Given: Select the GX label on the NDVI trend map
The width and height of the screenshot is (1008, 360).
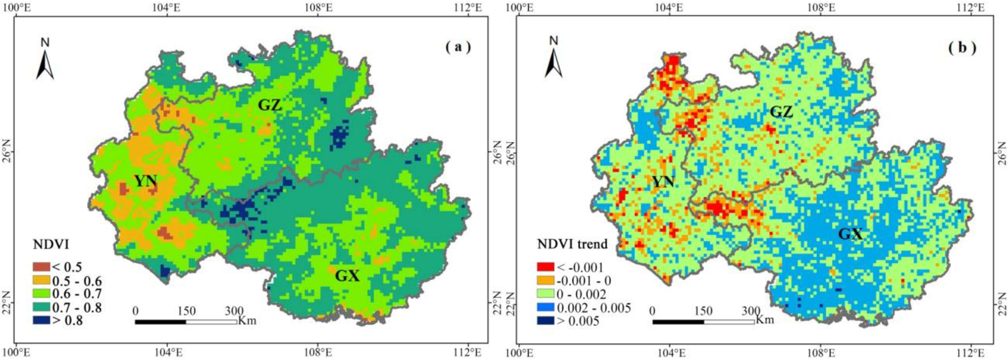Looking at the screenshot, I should pyautogui.click(x=850, y=234).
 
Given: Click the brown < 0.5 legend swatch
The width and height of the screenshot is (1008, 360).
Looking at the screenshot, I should pyautogui.click(x=41, y=267).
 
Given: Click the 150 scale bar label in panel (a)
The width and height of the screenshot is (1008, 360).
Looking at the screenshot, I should pyautogui.click(x=186, y=311).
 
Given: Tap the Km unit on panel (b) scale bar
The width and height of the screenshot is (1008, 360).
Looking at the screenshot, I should pyautogui.click(x=765, y=319).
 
